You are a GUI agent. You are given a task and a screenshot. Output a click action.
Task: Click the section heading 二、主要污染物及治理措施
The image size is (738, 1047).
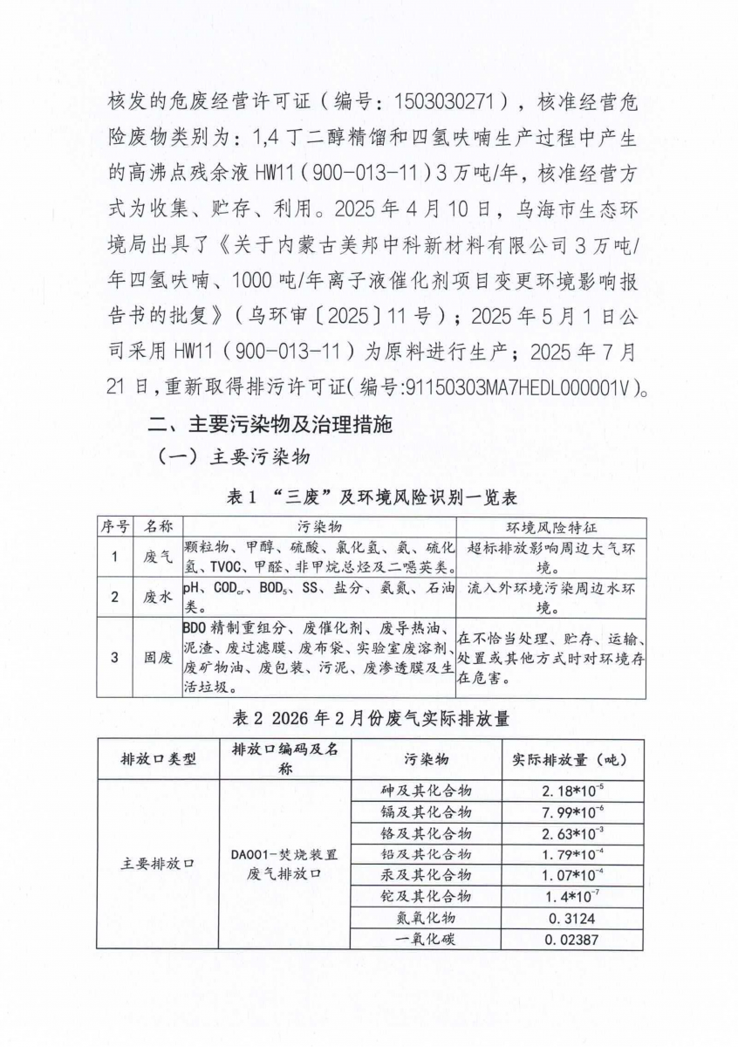point(270,426)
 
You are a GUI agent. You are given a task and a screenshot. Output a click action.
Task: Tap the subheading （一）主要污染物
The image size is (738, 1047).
point(233,458)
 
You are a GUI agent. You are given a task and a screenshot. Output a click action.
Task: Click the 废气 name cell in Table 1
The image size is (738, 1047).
point(158,556)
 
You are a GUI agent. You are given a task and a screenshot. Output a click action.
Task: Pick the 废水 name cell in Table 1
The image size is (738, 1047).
point(158,598)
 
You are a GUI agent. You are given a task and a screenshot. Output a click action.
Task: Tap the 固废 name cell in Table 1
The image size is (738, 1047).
point(158,658)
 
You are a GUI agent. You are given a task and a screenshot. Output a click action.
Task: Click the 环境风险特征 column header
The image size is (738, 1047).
point(551,528)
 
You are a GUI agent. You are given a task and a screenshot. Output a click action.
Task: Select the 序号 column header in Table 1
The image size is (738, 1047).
point(113,528)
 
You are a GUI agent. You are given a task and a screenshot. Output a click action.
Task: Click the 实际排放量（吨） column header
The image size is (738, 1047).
point(571,759)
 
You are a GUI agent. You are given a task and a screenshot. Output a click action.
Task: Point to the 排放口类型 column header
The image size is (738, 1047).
point(158,759)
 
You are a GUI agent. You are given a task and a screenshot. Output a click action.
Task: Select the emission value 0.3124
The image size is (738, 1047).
point(571,918)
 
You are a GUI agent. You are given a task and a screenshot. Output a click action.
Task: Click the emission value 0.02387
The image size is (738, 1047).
point(571,940)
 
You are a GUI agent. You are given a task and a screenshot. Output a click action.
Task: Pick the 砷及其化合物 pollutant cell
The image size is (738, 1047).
point(426,790)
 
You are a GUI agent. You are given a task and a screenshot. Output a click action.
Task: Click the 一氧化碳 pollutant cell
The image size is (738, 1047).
point(426,940)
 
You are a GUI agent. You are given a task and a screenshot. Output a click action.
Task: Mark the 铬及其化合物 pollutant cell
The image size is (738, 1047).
point(426,832)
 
